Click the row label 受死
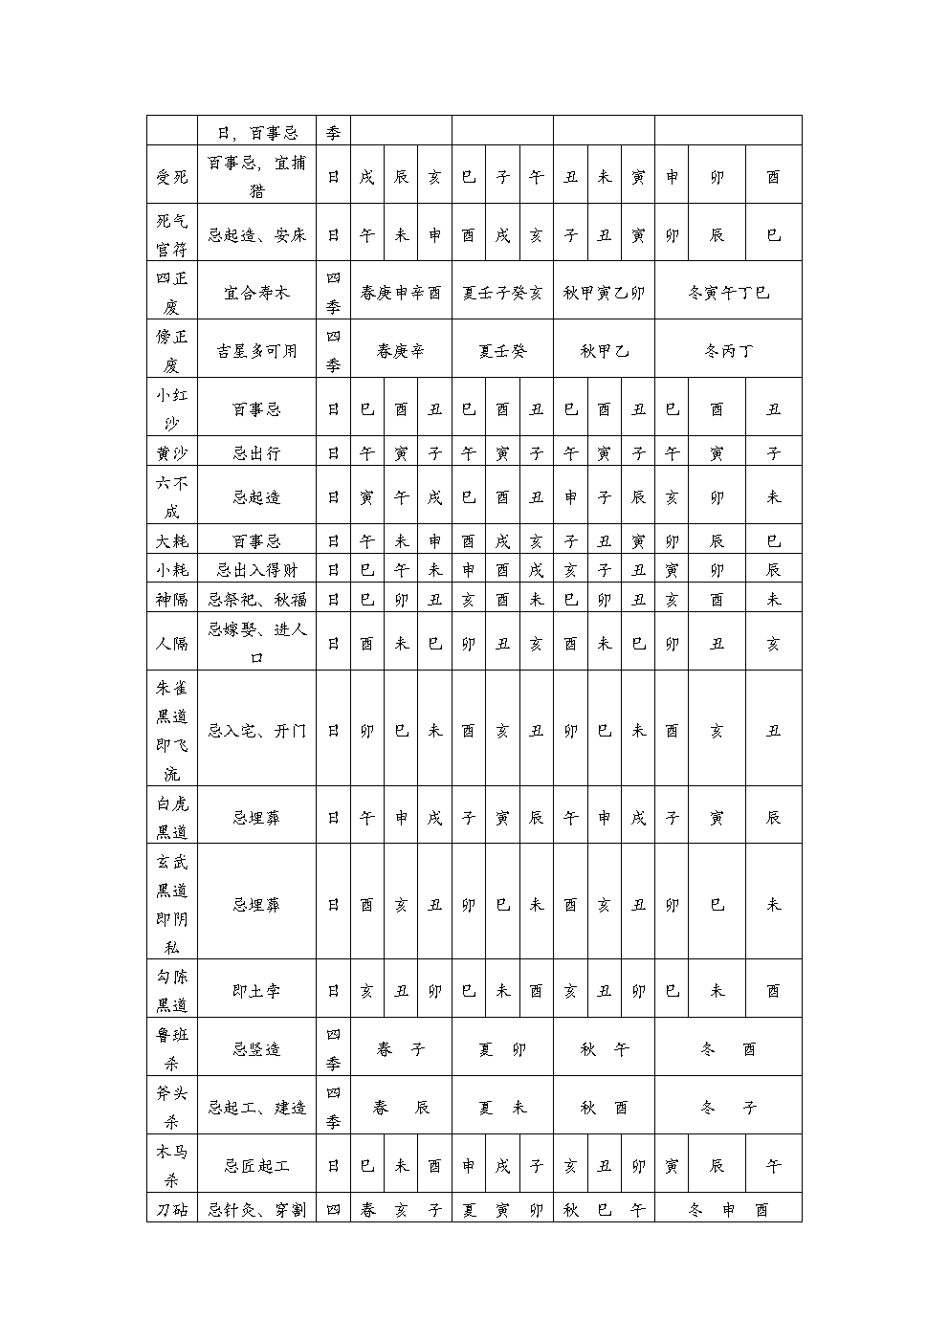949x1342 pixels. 172,177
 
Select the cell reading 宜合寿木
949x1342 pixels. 256,293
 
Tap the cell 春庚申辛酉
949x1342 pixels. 401,293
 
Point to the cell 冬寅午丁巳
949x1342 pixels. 728,293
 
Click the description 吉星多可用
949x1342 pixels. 256,351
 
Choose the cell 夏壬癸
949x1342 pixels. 502,351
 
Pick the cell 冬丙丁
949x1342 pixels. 728,351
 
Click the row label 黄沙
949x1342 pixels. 172,453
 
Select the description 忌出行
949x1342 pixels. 256,453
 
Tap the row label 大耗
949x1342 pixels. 172,541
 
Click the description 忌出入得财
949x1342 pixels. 256,570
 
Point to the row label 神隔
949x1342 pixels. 172,600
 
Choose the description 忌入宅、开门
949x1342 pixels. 256,731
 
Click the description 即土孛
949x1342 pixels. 256,992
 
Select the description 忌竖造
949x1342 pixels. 256,1049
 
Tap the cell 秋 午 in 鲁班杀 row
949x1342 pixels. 604,1049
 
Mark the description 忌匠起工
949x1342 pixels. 256,1166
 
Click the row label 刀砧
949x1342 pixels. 172,1210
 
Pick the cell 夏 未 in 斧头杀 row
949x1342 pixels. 502,1108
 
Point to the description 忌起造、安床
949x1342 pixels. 256,235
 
